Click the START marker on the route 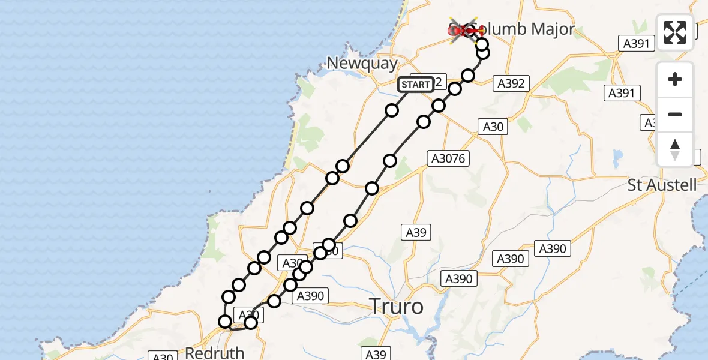click(415, 85)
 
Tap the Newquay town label click(362, 63)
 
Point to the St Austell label click(662, 185)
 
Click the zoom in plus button click(675, 79)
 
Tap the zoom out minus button click(675, 114)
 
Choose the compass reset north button click(675, 149)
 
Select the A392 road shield click(511, 83)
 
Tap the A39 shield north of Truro click(416, 232)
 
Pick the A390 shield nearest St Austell click(553, 248)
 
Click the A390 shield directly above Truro click(459, 278)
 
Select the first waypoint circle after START click(392, 110)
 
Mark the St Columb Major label click(522, 29)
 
